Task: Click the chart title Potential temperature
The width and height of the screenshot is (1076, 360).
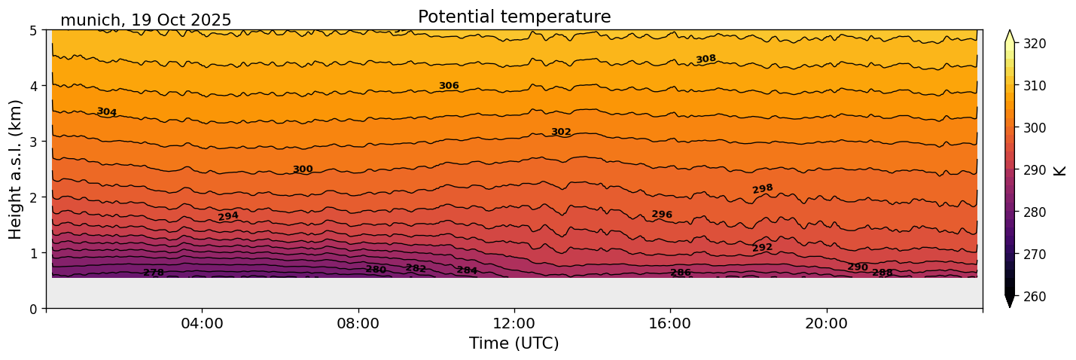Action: [514, 17]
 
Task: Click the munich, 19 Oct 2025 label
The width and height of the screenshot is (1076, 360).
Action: [145, 20]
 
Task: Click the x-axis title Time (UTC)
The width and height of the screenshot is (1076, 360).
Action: [514, 343]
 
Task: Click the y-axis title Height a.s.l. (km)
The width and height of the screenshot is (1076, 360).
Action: [16, 169]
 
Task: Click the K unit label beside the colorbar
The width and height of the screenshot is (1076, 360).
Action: [1060, 170]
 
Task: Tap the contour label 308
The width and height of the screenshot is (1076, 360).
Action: [706, 59]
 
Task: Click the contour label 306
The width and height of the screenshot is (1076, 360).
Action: [449, 86]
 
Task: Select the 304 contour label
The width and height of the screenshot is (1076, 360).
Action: [106, 112]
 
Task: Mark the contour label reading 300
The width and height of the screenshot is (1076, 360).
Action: [303, 169]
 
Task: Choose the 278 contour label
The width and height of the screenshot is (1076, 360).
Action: [154, 273]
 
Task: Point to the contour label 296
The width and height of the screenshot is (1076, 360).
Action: [662, 215]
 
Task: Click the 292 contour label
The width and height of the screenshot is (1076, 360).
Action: [762, 248]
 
